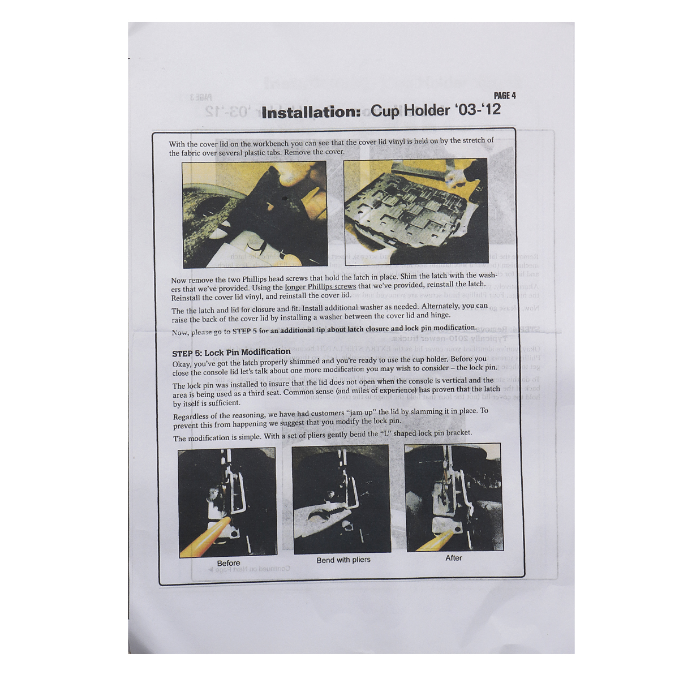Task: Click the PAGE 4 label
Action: [505, 96]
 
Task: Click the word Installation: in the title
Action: [311, 112]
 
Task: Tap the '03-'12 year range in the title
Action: [478, 109]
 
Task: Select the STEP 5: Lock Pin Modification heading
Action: [231, 352]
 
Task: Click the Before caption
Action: [229, 563]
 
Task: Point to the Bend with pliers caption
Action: [343, 560]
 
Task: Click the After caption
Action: [453, 558]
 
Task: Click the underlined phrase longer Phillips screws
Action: [320, 286]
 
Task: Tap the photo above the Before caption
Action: [227, 503]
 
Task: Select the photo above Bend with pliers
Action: [341, 499]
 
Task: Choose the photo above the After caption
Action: [453, 497]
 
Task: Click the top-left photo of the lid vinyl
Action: [255, 214]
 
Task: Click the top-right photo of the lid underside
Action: [415, 210]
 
